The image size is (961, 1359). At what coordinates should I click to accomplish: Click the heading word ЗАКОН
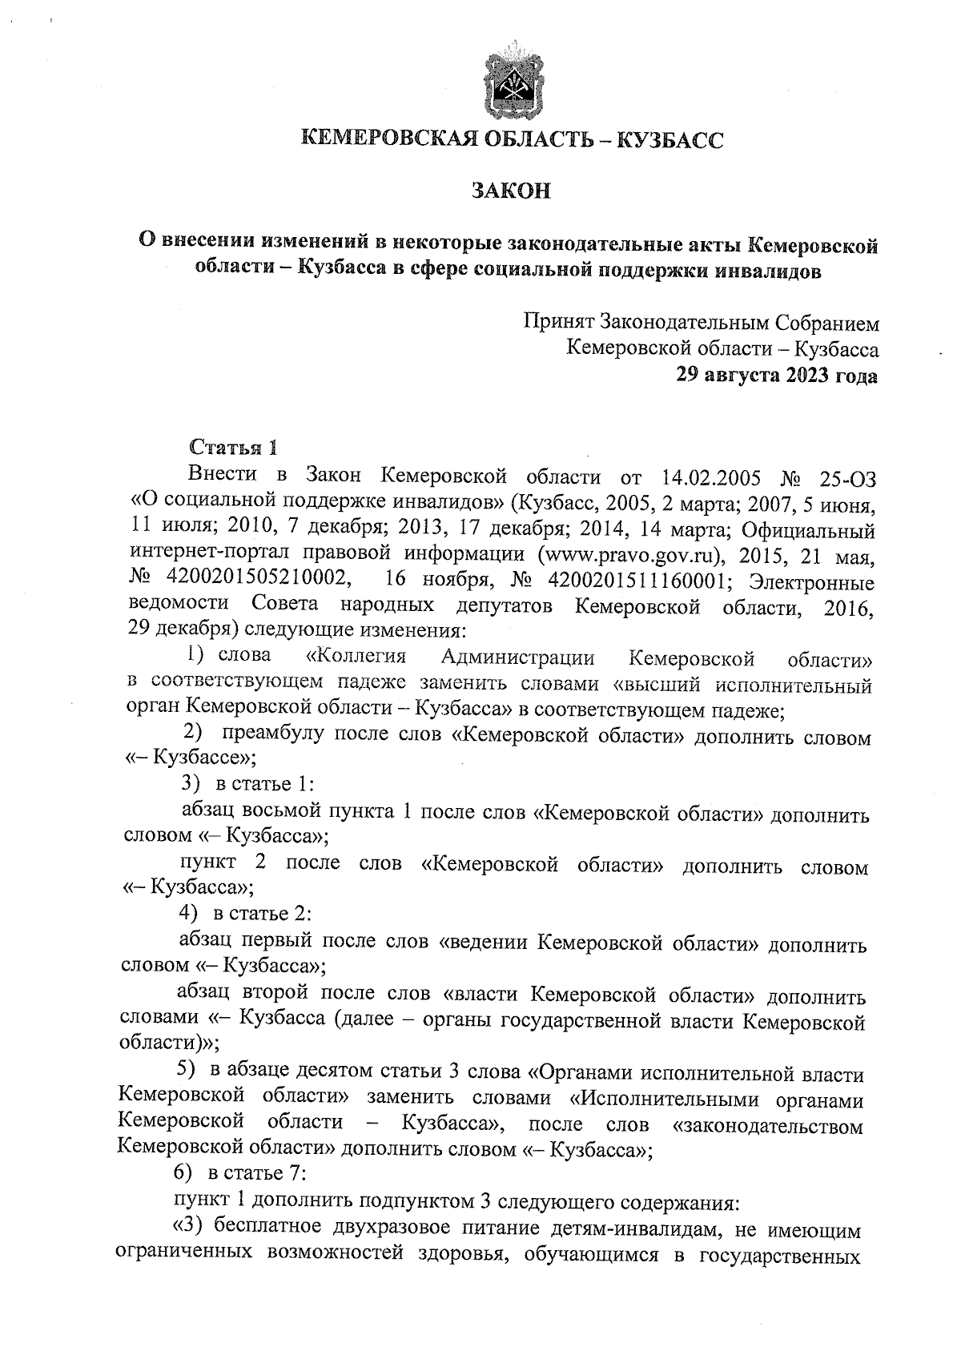[x=511, y=192]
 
